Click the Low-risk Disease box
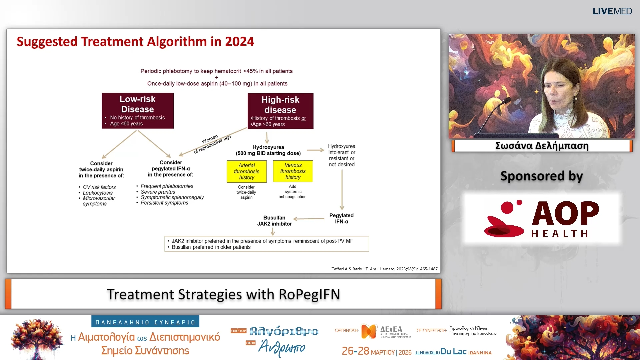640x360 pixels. point(138,110)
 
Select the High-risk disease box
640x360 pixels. point(280,111)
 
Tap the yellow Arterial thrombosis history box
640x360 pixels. point(247,171)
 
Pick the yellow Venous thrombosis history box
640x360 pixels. point(293,171)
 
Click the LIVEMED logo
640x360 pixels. point(612,11)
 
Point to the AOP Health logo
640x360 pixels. point(542,219)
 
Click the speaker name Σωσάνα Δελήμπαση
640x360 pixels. point(542,146)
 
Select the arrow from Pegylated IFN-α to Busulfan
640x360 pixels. point(309,219)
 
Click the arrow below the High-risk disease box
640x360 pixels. point(267,137)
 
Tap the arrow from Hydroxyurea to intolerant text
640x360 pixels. point(315,150)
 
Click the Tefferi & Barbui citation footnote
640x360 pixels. point(384,269)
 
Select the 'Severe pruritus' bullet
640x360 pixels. point(158,192)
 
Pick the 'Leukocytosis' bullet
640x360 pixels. point(98,193)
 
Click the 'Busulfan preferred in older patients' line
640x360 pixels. point(211,247)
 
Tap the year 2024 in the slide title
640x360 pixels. point(239,42)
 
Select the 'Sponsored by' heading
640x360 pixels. point(541,176)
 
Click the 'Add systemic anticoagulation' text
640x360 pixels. point(293,192)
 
